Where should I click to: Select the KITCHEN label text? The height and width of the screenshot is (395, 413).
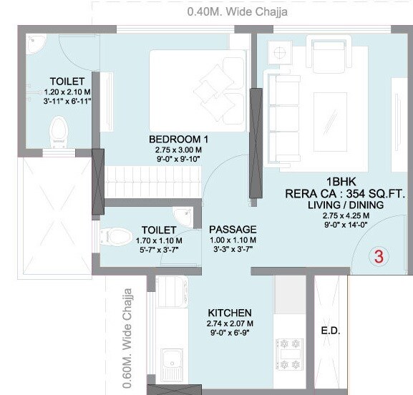[x=229, y=313]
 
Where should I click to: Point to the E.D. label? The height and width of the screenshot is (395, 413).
[x=330, y=332]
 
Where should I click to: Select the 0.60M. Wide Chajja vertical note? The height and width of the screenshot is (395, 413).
[x=128, y=326]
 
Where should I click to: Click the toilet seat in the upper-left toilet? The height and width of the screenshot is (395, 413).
[x=58, y=132]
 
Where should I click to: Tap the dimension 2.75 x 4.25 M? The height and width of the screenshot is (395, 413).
[x=346, y=215]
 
